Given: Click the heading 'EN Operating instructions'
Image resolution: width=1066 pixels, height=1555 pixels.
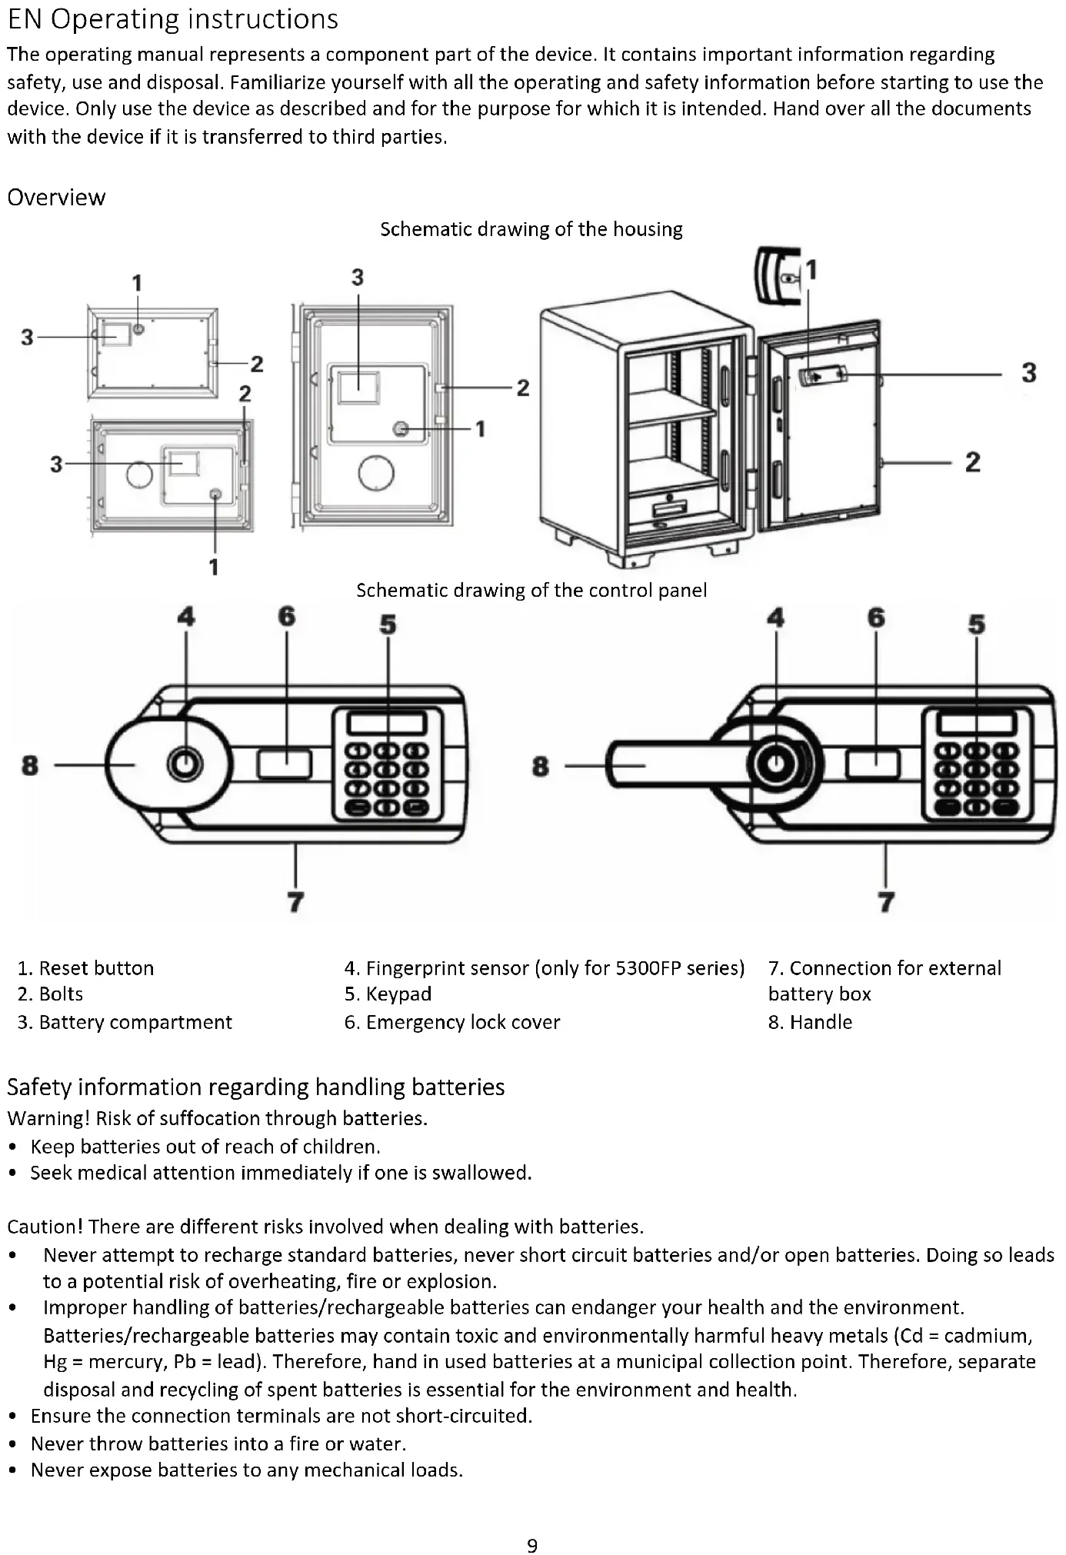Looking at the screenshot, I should [x=172, y=19].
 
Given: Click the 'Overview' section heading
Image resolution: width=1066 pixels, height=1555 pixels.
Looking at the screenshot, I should [x=56, y=198].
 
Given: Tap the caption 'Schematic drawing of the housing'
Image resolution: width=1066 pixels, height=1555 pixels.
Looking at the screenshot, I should [x=531, y=229].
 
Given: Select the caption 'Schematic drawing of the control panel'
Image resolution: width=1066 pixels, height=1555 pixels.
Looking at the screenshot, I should [x=531, y=590].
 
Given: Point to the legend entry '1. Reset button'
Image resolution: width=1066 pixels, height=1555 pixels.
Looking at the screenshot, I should [x=85, y=967].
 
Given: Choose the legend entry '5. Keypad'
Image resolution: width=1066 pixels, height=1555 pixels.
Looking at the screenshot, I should [x=388, y=994].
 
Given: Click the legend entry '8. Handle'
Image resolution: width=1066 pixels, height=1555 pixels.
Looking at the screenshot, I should [x=810, y=1022].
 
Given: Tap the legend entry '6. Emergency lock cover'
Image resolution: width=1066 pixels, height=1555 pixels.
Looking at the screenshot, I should [x=451, y=1022].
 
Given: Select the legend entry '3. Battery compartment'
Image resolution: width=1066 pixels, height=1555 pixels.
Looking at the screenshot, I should [x=125, y=1022].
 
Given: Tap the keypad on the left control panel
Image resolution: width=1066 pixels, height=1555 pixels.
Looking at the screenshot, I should [x=388, y=765].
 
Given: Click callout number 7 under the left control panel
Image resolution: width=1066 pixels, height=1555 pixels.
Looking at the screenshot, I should [x=295, y=901].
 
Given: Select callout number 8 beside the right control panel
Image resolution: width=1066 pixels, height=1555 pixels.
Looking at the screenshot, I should [x=541, y=766].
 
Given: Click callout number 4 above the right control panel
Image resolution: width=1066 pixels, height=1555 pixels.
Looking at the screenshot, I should [x=775, y=618].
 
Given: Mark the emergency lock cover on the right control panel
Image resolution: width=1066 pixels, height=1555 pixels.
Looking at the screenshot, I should [x=872, y=764].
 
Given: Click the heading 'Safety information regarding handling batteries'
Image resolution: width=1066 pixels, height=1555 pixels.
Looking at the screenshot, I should [x=255, y=1087].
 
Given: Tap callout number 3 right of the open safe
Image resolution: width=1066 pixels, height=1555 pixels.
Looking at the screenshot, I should [x=1028, y=373].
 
